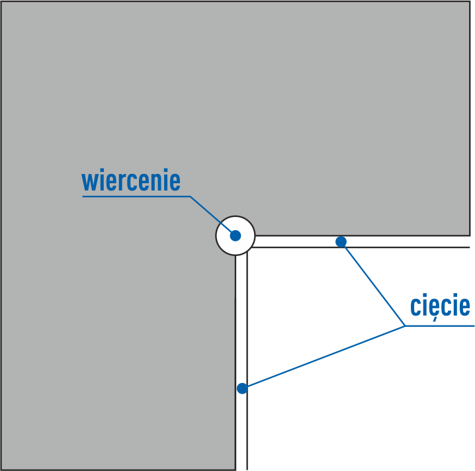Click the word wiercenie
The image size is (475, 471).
click(131, 181)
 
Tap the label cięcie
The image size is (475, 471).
click(440, 306)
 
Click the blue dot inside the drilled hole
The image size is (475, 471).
click(235, 235)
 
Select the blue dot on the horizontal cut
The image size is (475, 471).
click(341, 241)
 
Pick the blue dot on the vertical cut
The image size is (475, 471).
click(242, 388)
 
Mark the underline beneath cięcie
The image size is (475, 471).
click(440, 325)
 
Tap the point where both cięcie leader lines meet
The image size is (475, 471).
click(405, 325)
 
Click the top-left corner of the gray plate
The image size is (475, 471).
click(1, 1)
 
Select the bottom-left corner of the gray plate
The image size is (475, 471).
click(1, 469)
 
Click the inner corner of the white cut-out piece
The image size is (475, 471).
click(247, 248)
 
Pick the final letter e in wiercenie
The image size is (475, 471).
click(174, 182)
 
